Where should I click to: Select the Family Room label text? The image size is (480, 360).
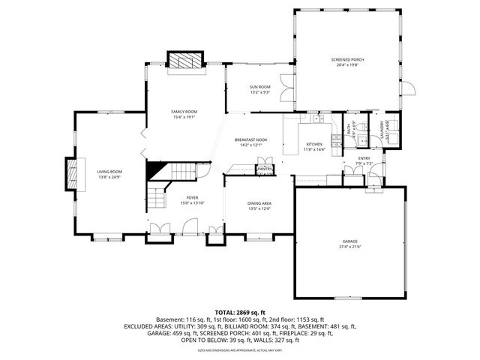(x=183, y=113)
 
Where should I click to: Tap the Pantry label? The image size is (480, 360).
(x=264, y=169)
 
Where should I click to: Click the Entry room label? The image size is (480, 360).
(x=364, y=158)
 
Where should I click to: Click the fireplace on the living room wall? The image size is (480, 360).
(x=73, y=175)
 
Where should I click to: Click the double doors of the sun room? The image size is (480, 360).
(x=285, y=91)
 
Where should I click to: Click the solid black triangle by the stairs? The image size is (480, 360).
(x=156, y=169)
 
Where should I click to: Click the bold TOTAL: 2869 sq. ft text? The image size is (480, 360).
(x=239, y=312)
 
